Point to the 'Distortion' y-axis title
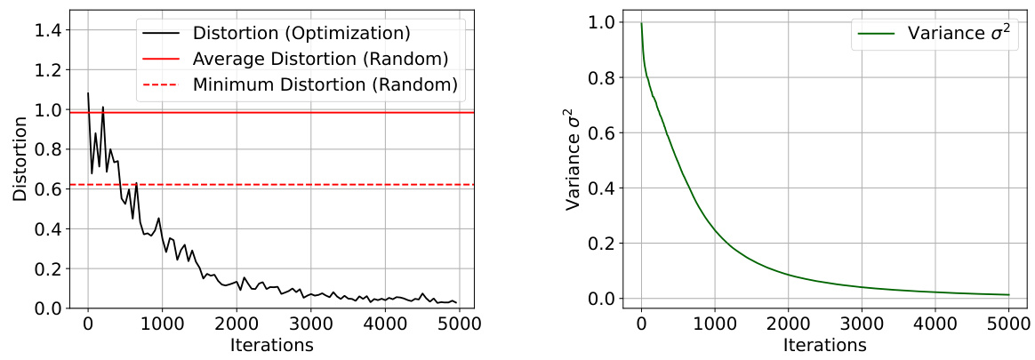(x=20, y=159)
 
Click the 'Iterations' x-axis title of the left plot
(x=271, y=345)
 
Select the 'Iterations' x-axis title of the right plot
(x=825, y=345)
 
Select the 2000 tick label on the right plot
(x=788, y=325)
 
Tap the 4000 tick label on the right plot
(x=935, y=325)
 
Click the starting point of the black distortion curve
(x=87, y=93)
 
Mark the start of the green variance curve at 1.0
(x=641, y=24)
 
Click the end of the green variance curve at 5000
(x=1009, y=294)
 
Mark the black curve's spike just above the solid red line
(x=103, y=108)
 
